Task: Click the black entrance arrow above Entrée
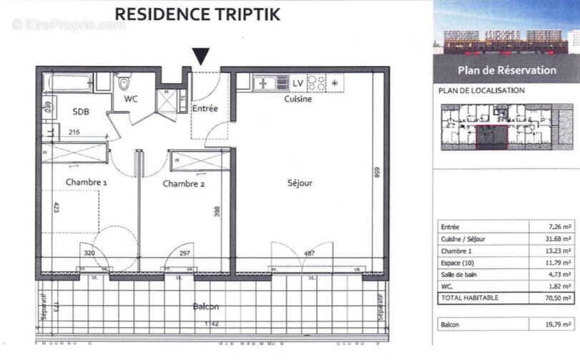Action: click(202, 56)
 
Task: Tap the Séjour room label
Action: click(300, 183)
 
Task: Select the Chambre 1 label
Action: click(87, 183)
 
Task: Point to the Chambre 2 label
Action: click(184, 184)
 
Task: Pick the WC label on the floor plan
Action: click(130, 99)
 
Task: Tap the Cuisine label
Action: click(298, 99)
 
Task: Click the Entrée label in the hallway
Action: click(205, 108)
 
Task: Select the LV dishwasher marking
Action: click(298, 83)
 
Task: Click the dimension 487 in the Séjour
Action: click(310, 253)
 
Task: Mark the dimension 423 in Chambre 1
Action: click(56, 210)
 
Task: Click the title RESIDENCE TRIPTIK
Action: click(197, 14)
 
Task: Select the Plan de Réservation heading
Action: click(506, 70)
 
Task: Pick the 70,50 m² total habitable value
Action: click(556, 298)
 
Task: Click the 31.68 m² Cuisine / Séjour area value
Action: click(557, 239)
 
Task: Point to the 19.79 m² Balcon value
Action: click(557, 324)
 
